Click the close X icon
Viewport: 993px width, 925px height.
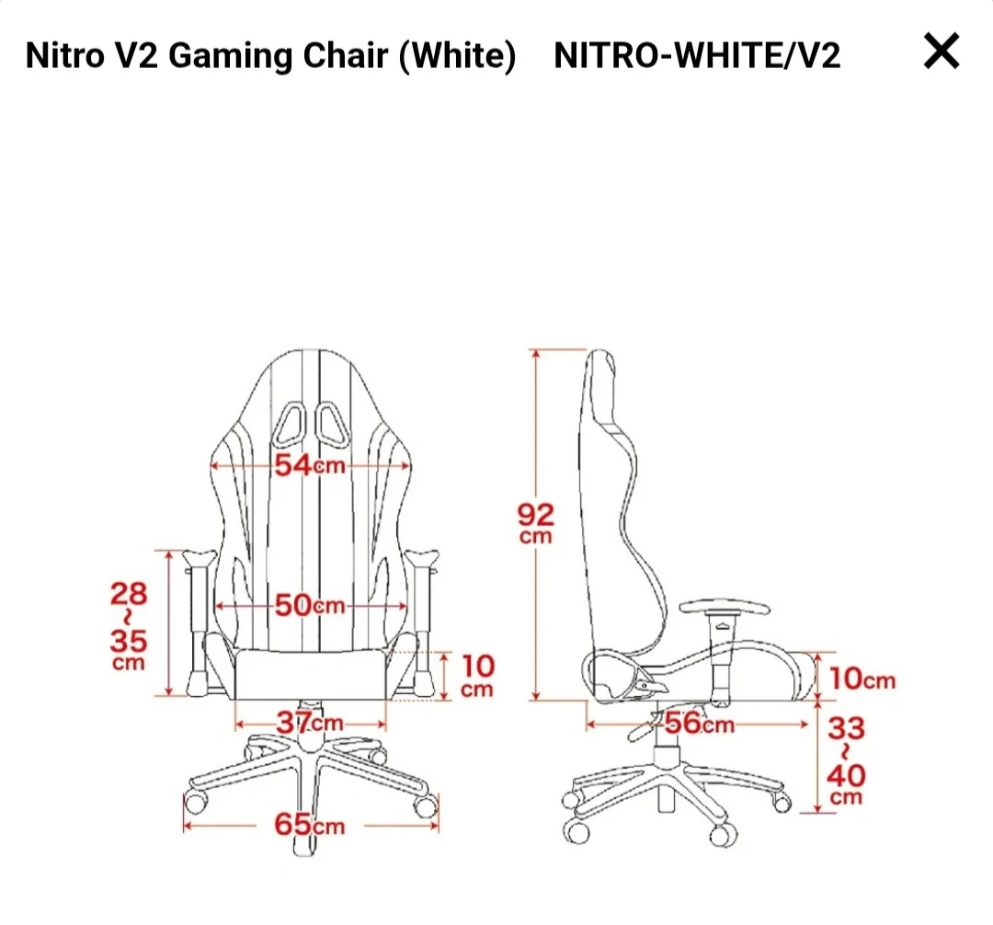coord(942,51)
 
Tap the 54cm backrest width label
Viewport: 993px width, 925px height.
coord(311,465)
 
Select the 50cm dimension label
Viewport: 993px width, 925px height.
coord(311,605)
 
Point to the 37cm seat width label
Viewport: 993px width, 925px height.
coord(310,723)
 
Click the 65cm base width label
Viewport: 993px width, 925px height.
coord(310,825)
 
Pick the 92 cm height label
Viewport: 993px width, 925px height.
coord(536,523)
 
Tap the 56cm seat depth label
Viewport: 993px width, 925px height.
coord(699,723)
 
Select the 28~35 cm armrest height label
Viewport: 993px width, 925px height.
coord(129,625)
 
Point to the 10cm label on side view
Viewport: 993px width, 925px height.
coord(862,679)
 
